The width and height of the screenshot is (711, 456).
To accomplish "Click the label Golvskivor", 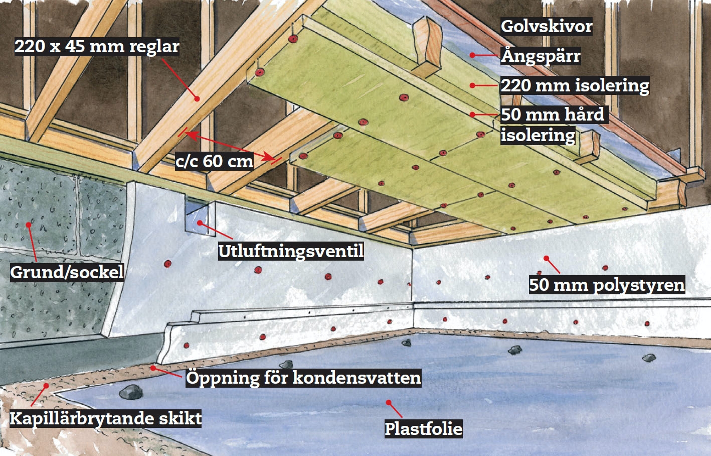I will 547,26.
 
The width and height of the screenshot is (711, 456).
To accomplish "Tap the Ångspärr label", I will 541,56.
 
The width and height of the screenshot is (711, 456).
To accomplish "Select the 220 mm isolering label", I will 575,85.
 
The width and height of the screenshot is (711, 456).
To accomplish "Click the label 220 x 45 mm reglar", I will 97,47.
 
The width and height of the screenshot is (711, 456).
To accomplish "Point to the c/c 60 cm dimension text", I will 214,161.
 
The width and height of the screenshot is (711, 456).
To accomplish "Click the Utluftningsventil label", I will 291,251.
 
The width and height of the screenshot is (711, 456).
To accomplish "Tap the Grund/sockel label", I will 67,272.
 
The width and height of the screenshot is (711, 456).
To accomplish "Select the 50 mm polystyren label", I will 607,285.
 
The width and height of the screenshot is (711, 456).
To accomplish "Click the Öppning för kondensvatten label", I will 303,378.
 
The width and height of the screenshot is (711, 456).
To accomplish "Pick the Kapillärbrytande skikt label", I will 106,418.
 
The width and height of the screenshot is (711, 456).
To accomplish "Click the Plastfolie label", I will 423,428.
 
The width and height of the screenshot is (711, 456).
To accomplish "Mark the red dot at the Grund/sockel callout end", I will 29,224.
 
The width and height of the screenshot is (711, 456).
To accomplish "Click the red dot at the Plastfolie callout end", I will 388,402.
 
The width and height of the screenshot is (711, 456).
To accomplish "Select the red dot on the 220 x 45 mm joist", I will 197,98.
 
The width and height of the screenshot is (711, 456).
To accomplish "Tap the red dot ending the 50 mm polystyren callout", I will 547,259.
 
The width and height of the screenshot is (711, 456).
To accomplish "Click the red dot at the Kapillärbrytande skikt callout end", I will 46,386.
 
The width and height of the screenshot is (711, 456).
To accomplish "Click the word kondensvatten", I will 357,378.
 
